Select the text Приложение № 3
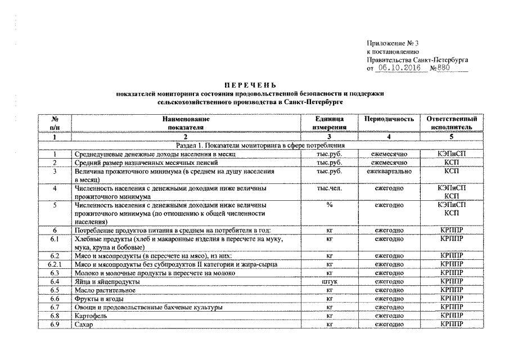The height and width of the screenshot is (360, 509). tap(393, 43)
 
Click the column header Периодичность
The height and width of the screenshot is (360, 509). tap(389, 119)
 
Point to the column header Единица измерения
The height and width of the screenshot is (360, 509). tap(330, 123)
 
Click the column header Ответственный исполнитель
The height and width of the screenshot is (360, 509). tap(452, 123)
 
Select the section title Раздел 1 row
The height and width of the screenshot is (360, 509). tap(259, 145)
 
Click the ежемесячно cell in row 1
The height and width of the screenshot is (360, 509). tap(389, 154)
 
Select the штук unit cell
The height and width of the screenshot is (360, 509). tap(330, 281)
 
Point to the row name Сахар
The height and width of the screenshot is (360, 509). tap(83, 325)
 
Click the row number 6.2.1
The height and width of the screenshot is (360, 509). tap(54, 264)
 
